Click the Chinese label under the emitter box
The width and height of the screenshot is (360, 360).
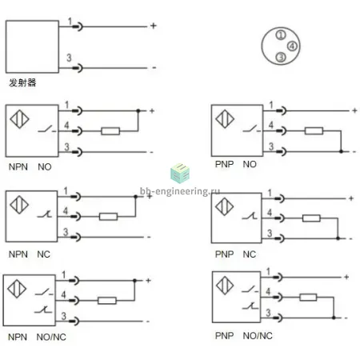(22, 82)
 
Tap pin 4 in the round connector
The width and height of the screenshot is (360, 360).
(292, 46)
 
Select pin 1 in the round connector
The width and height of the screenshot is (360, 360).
(281, 35)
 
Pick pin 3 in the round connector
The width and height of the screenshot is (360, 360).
(281, 57)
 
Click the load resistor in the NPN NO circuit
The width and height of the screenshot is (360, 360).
(110, 131)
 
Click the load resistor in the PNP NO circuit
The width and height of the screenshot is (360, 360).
(314, 130)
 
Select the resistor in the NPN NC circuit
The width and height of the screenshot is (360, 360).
(108, 217)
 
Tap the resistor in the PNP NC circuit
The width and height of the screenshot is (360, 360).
(311, 218)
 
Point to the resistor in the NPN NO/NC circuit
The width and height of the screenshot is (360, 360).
(107, 301)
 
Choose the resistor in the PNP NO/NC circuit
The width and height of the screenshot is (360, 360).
(308, 297)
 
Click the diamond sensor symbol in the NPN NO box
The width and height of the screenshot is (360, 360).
(19, 119)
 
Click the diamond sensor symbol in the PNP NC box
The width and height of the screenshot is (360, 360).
(224, 206)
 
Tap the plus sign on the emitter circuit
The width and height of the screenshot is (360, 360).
(153, 26)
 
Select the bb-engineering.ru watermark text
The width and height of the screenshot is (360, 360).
(180, 191)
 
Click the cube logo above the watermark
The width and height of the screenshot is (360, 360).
(180, 173)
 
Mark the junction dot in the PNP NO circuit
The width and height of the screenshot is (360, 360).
(341, 151)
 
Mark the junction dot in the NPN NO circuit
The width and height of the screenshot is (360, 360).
(138, 110)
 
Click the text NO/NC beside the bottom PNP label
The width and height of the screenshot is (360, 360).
(258, 336)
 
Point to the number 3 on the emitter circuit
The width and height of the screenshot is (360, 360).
(69, 58)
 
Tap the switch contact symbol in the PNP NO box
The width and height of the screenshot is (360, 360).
(250, 129)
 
